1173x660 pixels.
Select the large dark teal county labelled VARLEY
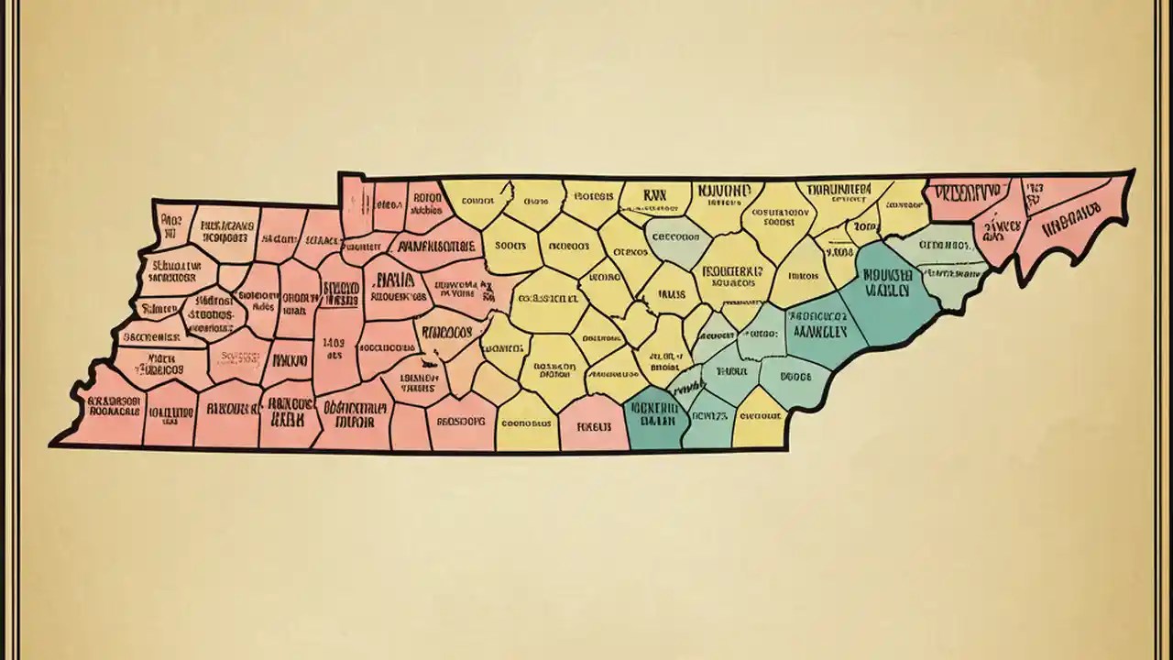click(x=887, y=284)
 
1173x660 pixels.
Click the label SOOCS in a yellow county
click(x=510, y=246)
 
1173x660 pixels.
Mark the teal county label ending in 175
click(x=708, y=415)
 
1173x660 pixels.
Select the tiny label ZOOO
click(x=864, y=225)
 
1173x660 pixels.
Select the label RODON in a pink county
click(x=427, y=196)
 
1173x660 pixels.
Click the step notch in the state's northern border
click(x=340, y=188)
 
